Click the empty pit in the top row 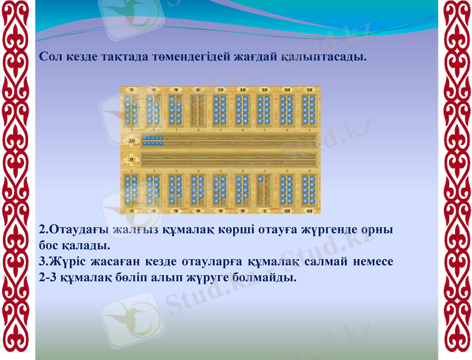[198, 110]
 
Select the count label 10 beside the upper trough [131, 141]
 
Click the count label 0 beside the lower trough [131, 160]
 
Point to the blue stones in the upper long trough [154, 141]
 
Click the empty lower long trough [228, 160]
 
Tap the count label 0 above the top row [198, 89]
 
